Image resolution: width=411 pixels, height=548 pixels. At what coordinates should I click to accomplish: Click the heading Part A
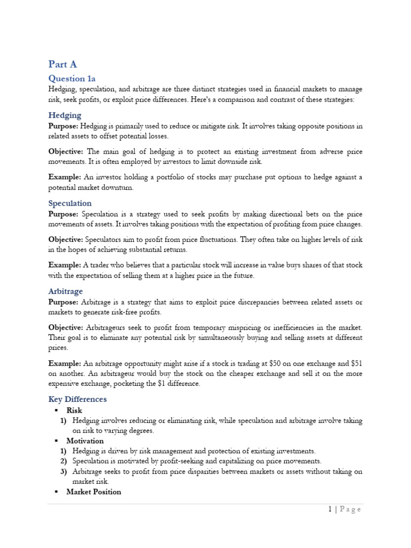[63, 64]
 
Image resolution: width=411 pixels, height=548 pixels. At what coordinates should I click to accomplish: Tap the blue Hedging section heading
[65, 115]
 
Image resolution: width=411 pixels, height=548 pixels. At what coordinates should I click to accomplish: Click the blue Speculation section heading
[70, 203]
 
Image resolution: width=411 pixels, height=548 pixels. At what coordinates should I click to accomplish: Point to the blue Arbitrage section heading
[65, 291]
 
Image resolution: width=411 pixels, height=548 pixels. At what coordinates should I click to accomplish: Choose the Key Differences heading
[78, 399]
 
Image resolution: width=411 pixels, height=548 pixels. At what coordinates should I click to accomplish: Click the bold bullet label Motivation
[85, 441]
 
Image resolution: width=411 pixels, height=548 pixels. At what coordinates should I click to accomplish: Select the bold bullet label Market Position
[94, 492]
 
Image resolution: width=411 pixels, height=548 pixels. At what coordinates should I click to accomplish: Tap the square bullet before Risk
[56, 411]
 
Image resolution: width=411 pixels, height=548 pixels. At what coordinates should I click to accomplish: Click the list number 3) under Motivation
[63, 471]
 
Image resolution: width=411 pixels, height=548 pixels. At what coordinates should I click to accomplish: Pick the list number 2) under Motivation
[63, 461]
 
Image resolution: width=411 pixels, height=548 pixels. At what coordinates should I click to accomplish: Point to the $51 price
[355, 363]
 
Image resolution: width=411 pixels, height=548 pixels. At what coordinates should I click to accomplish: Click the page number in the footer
[330, 509]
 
